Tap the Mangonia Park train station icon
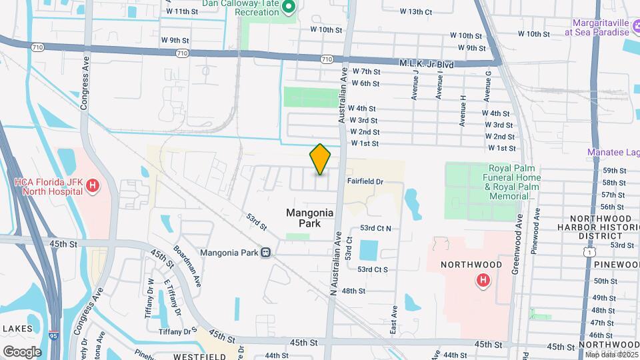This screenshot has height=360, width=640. point(266,253)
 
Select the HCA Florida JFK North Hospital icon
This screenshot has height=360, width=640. point(93,186)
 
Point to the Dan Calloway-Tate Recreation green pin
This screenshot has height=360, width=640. point(289,7)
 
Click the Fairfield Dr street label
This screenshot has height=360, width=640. point(365,181)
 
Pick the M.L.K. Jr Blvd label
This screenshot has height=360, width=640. point(426,64)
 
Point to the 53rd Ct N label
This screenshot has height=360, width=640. point(375,228)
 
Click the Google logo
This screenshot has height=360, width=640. point(22,351)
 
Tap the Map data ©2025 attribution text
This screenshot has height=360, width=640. point(612,355)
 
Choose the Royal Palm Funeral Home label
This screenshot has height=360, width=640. point(514,178)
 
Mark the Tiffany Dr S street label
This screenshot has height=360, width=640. point(177,331)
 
